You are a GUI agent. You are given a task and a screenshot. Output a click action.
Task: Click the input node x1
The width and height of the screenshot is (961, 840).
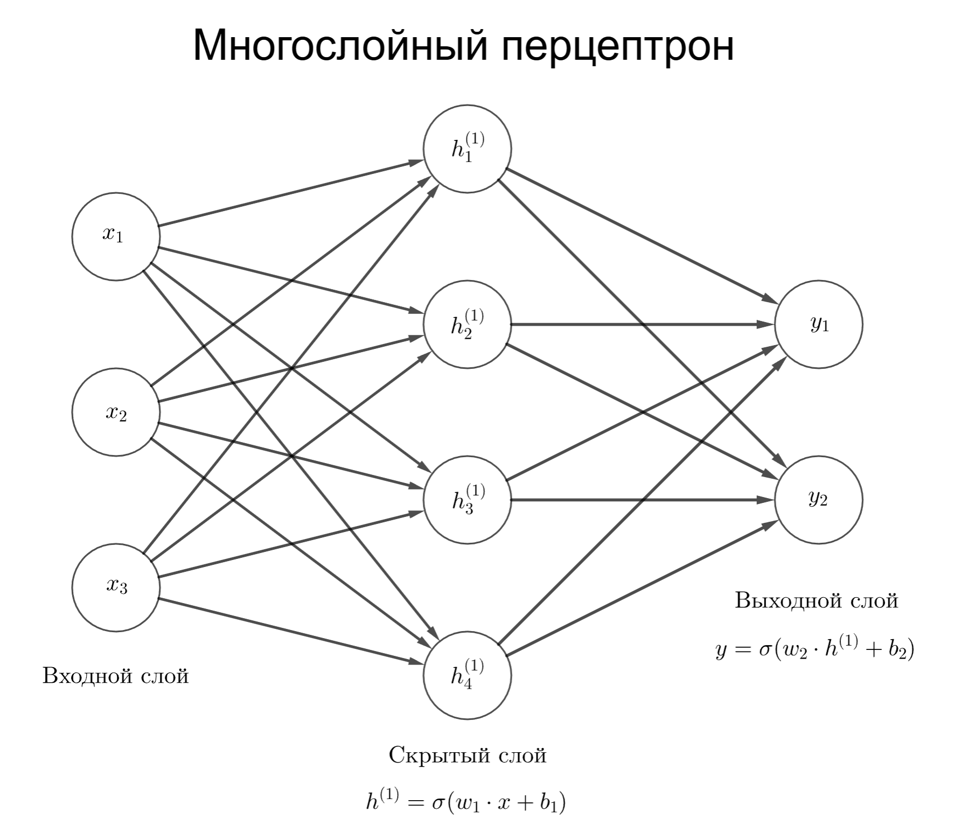(115, 236)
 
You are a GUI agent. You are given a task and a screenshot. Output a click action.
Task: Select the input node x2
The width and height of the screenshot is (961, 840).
(115, 412)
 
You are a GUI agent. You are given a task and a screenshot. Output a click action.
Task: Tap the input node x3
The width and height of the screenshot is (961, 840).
(115, 587)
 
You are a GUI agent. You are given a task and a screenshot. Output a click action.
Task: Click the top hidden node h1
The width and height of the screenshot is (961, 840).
(467, 149)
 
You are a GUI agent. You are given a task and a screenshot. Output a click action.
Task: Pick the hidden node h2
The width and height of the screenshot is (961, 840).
(467, 324)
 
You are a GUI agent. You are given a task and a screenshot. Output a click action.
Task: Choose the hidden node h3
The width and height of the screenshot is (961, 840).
(467, 500)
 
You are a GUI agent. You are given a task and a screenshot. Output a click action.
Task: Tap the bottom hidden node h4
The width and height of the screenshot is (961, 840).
(467, 675)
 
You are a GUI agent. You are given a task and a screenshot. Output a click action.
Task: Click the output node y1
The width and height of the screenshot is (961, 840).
(818, 324)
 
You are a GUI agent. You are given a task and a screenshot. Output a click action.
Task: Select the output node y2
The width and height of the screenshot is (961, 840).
(818, 500)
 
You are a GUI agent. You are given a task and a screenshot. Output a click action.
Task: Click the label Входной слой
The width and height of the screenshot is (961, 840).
(115, 675)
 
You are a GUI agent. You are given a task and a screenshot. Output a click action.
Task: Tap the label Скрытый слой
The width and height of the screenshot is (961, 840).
(467, 755)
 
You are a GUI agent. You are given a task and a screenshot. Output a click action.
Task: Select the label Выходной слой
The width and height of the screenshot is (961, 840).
(816, 600)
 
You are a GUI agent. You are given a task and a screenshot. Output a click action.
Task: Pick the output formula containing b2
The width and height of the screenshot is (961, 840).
(814, 649)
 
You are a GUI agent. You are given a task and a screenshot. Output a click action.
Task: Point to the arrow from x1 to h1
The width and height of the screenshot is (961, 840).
(291, 193)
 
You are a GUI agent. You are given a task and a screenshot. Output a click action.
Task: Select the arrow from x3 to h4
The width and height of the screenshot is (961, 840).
(291, 631)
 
